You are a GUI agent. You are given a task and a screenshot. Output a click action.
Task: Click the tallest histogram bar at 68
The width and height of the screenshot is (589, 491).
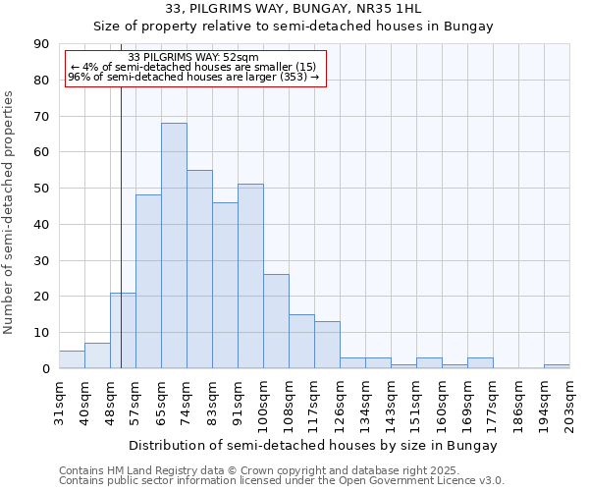(174, 245)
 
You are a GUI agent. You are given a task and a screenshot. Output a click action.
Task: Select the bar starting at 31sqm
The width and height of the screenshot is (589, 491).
(72, 359)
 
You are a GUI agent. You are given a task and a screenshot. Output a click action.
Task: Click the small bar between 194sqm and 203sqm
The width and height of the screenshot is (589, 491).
(557, 366)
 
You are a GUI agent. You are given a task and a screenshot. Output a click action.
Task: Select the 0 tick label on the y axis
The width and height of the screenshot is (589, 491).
(45, 369)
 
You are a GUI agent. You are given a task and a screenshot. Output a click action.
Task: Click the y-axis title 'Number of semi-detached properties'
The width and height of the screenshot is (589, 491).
(10, 212)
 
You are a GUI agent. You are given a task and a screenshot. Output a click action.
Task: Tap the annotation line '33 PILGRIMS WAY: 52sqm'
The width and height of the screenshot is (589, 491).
(193, 58)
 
